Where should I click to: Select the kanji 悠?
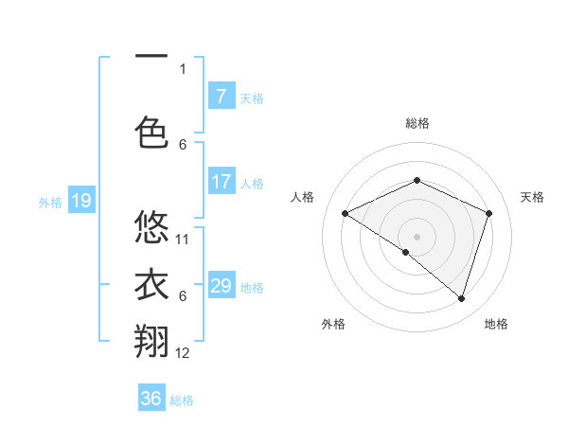[x=151, y=227]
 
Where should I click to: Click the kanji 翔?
[x=151, y=343]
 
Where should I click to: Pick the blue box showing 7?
[x=221, y=97]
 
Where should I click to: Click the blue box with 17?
[x=221, y=183]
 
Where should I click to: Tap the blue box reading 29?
[x=221, y=286]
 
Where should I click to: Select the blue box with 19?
[x=80, y=201]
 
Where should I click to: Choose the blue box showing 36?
[x=151, y=399]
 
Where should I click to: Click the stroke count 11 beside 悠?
[x=184, y=239]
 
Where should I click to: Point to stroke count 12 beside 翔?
[x=184, y=353]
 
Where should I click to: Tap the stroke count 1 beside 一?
[x=183, y=68]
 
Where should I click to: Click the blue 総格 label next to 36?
[x=183, y=400]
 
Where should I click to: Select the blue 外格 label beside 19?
[x=50, y=202]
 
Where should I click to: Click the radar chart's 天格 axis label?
[x=532, y=197]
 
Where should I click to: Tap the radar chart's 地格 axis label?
[x=496, y=324]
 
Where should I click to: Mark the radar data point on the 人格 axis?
[x=346, y=213]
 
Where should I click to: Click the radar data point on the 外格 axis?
[x=405, y=252]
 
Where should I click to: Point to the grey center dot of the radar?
[x=417, y=236]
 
